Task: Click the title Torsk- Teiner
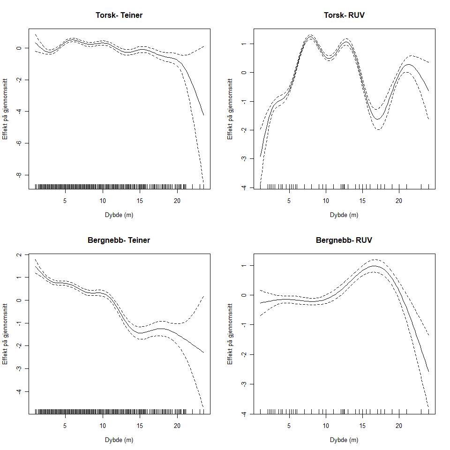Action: [x=119, y=15]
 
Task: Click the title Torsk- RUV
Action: [x=344, y=15]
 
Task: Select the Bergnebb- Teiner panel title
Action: [x=119, y=240]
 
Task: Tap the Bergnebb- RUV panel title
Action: [x=344, y=240]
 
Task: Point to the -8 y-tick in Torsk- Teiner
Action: [x=19, y=175]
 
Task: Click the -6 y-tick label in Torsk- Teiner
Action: [x=19, y=143]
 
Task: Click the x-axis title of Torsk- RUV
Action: [x=344, y=215]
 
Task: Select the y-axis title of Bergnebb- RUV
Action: [x=230, y=334]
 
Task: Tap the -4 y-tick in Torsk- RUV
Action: [x=244, y=187]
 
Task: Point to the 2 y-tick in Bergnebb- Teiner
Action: [x=19, y=255]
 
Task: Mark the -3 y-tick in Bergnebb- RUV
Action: [x=244, y=384]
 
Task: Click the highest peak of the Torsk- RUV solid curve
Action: [x=310, y=37]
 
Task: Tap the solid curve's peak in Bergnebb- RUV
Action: [x=374, y=266]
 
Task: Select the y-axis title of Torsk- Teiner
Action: [x=5, y=109]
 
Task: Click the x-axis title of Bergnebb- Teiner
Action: [x=119, y=440]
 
